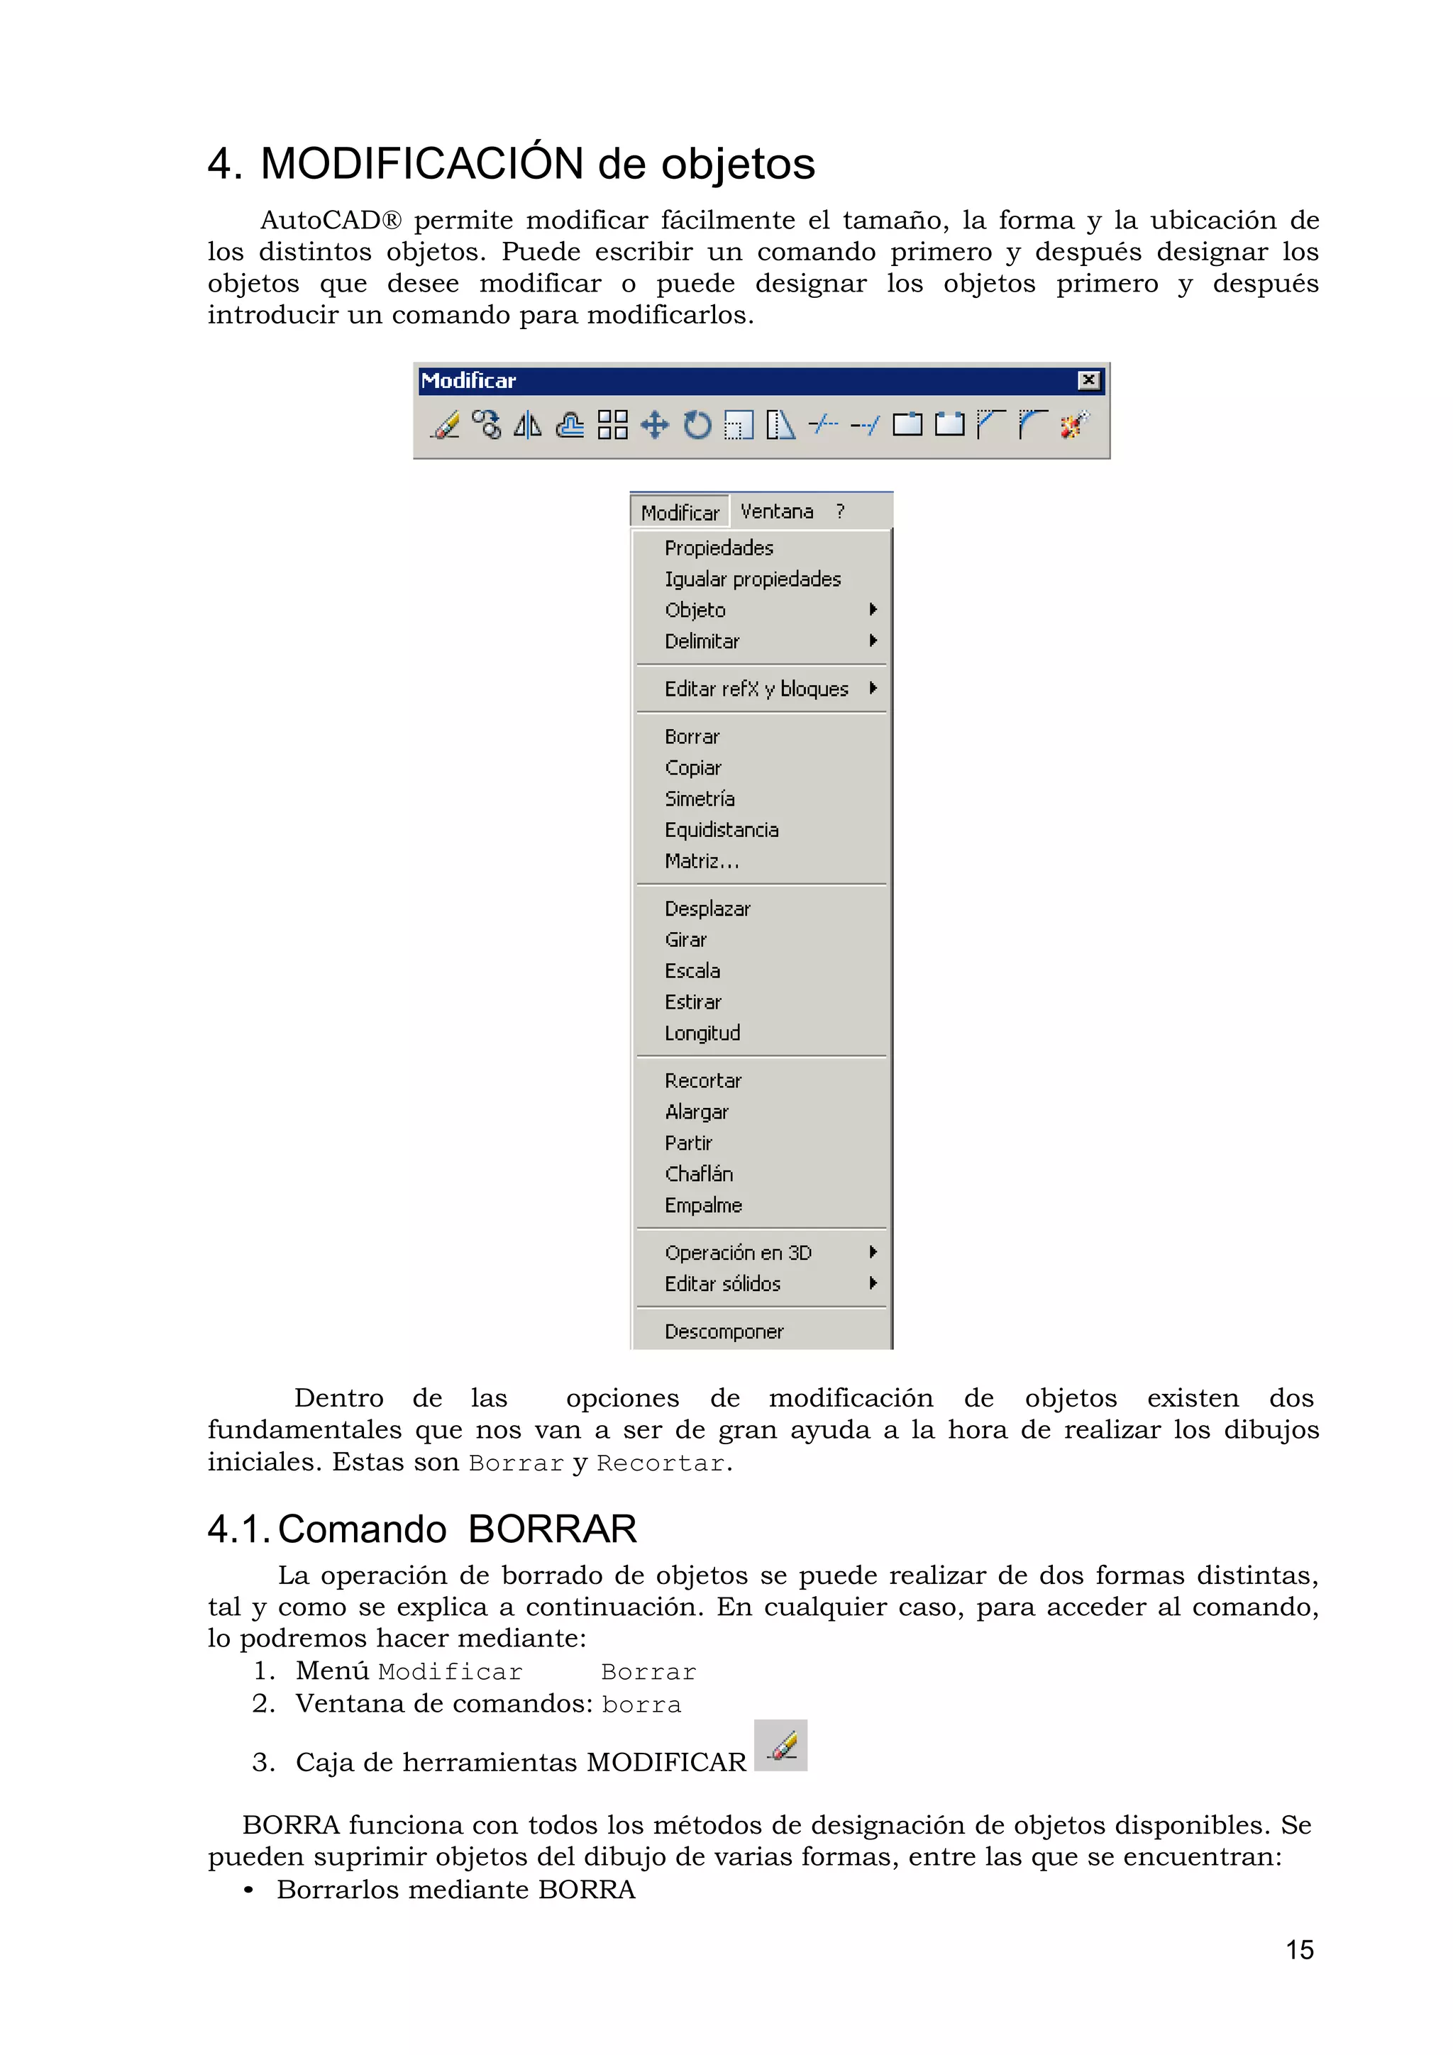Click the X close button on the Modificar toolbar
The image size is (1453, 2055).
click(1088, 380)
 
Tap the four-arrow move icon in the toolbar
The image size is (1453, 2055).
click(654, 424)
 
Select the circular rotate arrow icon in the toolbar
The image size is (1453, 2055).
click(697, 424)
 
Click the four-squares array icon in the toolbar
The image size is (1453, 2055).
click(612, 424)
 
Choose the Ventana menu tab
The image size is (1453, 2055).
click(776, 511)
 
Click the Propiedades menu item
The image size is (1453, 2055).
click(718, 548)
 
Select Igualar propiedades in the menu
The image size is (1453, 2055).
click(752, 579)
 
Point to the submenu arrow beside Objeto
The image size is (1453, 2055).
click(873, 609)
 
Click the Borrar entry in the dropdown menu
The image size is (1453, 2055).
click(691, 736)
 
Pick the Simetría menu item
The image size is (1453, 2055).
click(700, 798)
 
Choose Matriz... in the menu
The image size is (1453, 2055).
click(701, 861)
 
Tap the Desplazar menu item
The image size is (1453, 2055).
click(707, 909)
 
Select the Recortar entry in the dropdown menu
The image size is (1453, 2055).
click(703, 1080)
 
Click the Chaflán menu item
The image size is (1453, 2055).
click(698, 1173)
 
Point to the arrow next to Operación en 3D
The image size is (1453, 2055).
click(873, 1252)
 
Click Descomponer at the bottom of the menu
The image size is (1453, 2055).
click(724, 1331)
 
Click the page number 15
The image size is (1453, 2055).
click(1299, 1949)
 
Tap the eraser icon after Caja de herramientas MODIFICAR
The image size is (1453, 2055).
click(780, 1744)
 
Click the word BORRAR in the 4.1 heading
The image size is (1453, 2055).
click(551, 1529)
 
